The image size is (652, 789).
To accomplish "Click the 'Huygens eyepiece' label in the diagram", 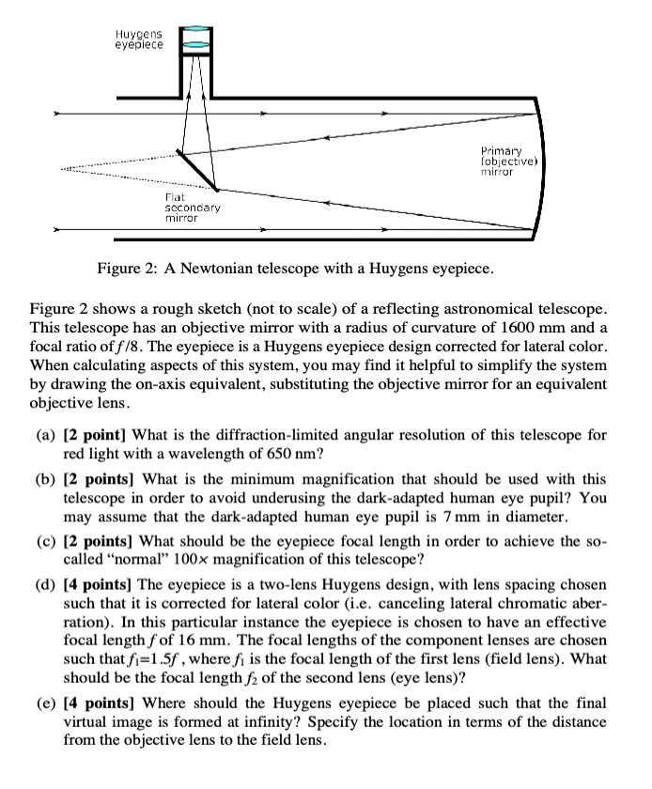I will click(139, 38).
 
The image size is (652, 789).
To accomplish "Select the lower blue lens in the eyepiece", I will click(195, 42).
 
